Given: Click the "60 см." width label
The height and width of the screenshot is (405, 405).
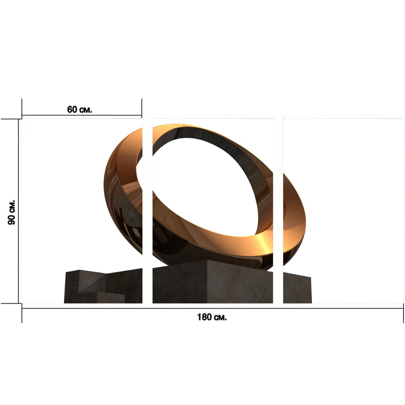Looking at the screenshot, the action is click(79, 109).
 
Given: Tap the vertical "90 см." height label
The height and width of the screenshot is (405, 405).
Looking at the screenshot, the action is click(11, 213).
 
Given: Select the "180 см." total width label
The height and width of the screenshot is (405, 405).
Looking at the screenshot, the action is click(212, 317).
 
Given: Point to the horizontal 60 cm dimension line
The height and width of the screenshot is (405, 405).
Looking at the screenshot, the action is click(82, 115).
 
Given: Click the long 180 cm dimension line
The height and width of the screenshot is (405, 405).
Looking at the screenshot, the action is click(213, 308).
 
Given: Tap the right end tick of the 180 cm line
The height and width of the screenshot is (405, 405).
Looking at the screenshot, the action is click(404, 313).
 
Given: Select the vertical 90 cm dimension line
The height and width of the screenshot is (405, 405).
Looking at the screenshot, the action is click(19, 211).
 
